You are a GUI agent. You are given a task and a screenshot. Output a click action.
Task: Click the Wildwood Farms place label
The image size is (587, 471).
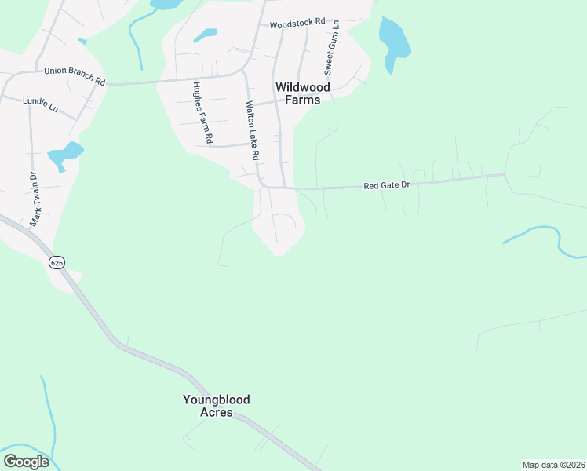(x=302, y=93)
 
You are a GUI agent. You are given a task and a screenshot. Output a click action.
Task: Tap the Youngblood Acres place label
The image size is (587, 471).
(x=216, y=406)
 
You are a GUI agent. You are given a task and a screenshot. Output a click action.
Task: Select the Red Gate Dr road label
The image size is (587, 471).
(x=387, y=186)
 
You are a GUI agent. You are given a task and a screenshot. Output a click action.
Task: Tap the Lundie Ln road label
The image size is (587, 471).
(x=41, y=102)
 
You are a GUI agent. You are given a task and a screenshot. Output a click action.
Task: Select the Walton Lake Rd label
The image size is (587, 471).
(x=251, y=130)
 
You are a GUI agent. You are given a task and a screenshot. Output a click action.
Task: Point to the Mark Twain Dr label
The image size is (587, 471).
(x=34, y=199)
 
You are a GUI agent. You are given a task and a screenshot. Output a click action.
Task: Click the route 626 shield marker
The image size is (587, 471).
(x=56, y=261)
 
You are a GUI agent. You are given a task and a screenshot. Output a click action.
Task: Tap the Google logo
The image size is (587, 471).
(x=26, y=462)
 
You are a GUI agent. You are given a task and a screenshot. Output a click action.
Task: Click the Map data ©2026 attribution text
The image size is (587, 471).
(x=552, y=465)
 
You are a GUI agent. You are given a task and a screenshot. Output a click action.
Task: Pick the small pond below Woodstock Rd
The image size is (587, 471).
(x=206, y=35)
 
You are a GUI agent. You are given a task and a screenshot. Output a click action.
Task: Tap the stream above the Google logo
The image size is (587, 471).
(x=49, y=416)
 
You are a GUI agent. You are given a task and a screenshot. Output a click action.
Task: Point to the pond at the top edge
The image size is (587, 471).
(x=165, y=4)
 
